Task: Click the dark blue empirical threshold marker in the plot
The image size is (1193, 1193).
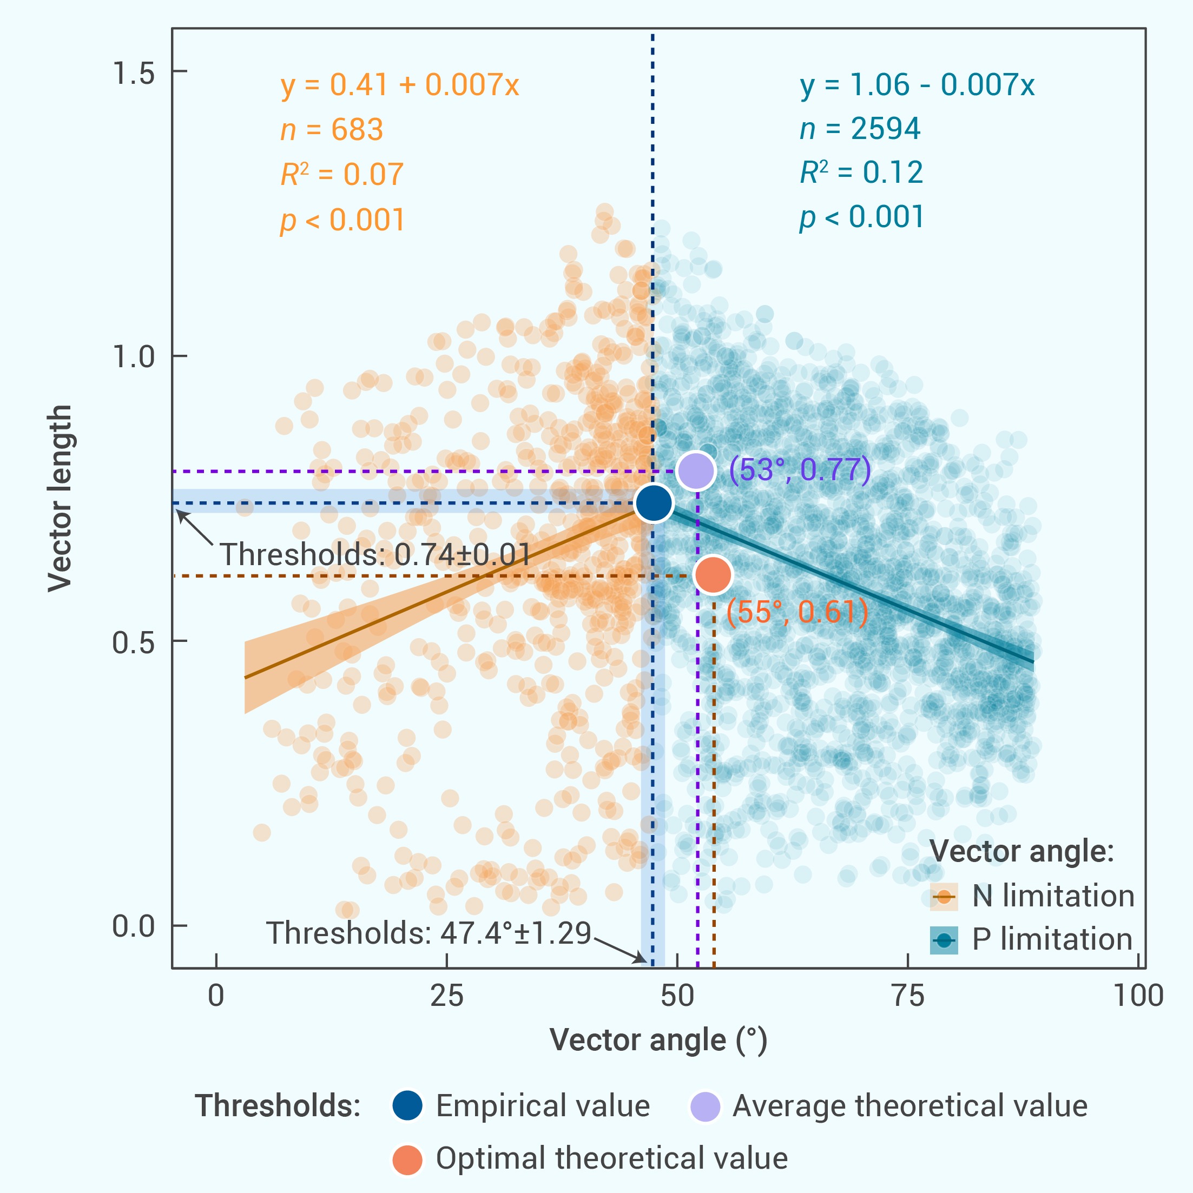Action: click(x=653, y=503)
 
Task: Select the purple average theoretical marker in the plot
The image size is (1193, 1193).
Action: click(x=696, y=470)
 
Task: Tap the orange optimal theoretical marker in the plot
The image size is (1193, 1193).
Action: click(x=713, y=574)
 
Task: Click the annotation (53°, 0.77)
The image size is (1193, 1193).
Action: click(x=800, y=470)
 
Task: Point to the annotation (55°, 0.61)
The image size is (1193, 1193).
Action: click(x=797, y=612)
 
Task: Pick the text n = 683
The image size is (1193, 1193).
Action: click(x=332, y=130)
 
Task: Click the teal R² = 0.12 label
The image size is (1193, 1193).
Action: click(x=861, y=173)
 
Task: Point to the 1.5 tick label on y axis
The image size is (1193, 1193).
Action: click(x=133, y=74)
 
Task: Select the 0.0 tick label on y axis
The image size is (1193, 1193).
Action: click(x=133, y=926)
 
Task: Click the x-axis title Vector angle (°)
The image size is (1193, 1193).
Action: click(x=658, y=1040)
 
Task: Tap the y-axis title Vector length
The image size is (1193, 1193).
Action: click(x=60, y=498)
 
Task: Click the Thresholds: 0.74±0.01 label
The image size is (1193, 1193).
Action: click(x=375, y=554)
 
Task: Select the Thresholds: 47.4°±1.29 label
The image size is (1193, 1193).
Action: click(x=429, y=932)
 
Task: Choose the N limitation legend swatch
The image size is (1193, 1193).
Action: click(x=944, y=897)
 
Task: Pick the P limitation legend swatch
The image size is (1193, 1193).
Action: click(x=944, y=940)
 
